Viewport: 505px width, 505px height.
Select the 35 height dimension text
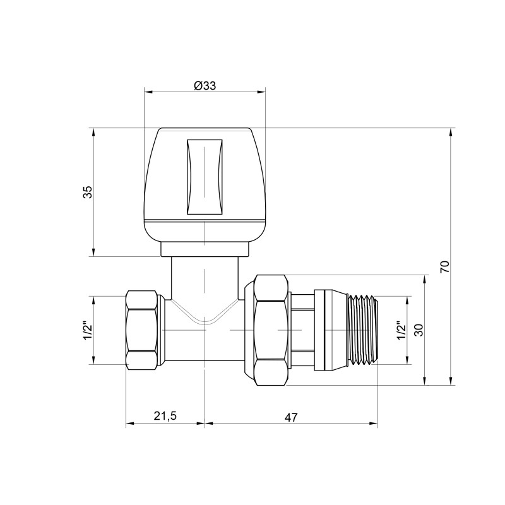click(x=88, y=193)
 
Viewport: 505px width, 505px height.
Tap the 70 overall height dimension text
click(x=444, y=266)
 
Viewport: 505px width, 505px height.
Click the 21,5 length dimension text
click(x=165, y=417)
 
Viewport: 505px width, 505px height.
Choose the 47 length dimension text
click(x=291, y=417)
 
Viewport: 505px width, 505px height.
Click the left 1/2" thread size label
click(x=88, y=330)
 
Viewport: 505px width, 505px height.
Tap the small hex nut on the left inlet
click(x=144, y=330)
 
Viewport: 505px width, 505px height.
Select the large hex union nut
click(x=271, y=330)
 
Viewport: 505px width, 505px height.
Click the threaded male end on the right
click(x=362, y=330)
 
